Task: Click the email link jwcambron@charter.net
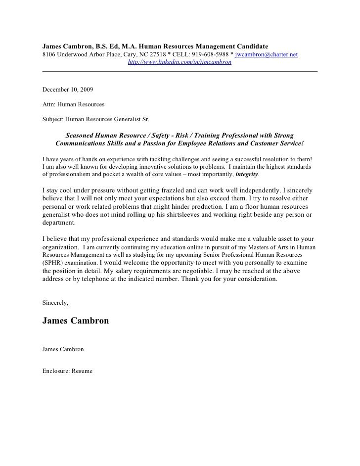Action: [x=266, y=54]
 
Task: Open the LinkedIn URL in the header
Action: [x=180, y=63]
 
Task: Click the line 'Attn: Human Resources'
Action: [x=73, y=105]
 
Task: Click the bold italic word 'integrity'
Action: [x=246, y=175]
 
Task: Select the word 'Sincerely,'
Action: [x=55, y=302]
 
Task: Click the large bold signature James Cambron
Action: [x=76, y=321]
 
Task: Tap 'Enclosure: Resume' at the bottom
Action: [x=67, y=371]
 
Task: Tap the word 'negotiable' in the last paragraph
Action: [x=183, y=271]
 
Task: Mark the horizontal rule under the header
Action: [x=180, y=72]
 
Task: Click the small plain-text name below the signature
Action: [x=63, y=349]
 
